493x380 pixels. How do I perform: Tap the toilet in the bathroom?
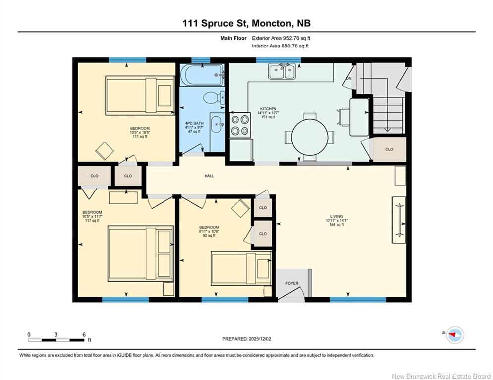point(213,96)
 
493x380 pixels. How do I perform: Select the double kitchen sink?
point(281,72)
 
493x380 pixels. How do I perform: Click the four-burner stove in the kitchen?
point(240,125)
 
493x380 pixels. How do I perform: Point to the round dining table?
point(310,136)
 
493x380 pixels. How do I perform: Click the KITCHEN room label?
point(268,109)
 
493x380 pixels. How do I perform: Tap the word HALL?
point(209,176)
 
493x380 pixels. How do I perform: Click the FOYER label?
point(292,283)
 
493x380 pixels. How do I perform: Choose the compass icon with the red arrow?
point(454,335)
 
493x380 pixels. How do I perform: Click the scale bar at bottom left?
point(56,340)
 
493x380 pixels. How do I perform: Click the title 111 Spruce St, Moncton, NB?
point(246,23)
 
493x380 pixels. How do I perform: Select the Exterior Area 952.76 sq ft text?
point(281,38)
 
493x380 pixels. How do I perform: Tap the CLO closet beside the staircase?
point(389,149)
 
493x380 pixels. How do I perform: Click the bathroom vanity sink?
point(217,125)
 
